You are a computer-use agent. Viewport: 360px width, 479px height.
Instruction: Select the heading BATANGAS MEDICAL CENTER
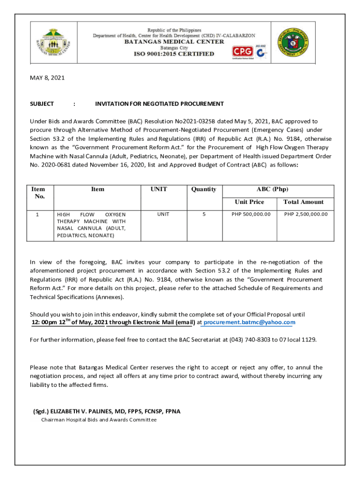174,42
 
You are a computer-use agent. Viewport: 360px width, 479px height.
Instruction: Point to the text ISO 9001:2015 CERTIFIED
174,54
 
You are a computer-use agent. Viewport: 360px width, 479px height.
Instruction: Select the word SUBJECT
42,104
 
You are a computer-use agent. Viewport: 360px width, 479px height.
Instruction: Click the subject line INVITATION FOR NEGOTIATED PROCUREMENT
159,104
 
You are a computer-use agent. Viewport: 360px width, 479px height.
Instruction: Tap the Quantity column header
204,189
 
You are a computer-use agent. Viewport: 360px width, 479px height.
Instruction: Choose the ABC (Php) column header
272,189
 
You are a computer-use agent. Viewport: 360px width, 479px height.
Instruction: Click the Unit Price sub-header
249,202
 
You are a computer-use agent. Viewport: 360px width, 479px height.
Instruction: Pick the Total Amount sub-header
303,202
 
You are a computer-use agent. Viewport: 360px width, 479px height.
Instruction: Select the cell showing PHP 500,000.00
251,214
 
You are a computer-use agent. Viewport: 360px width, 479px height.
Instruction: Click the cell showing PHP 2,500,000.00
306,214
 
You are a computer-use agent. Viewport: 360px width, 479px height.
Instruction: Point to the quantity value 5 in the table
204,214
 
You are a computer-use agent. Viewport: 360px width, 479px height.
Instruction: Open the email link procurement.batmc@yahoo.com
250,322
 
